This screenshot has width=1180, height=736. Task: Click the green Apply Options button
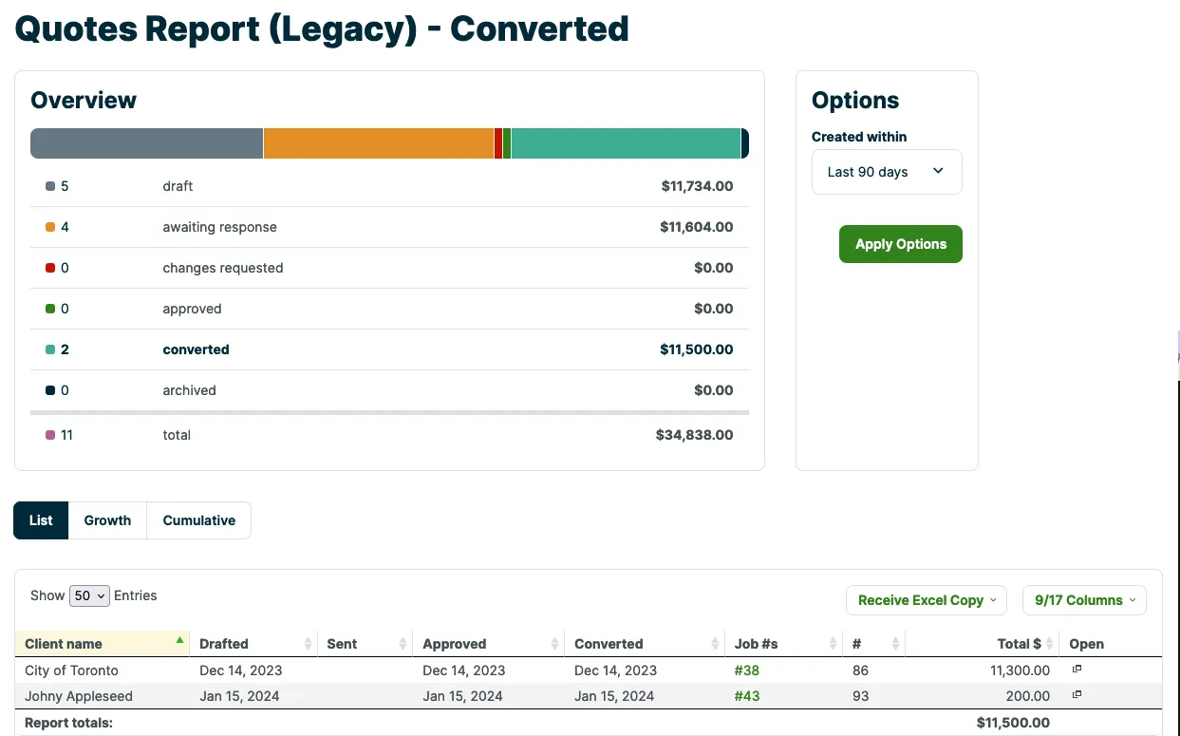[900, 244]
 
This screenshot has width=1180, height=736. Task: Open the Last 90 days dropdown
[887, 172]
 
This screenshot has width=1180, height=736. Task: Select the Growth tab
[107, 520]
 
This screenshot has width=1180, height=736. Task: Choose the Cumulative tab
[198, 520]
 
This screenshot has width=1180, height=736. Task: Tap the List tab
[41, 520]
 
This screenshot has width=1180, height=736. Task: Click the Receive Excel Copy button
[927, 600]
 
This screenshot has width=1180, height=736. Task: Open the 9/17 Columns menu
[1084, 600]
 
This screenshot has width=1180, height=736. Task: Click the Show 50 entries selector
[89, 595]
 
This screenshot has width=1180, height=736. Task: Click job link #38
[746, 670]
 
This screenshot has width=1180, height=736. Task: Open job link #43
[747, 696]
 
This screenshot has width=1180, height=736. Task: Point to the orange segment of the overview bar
[379, 143]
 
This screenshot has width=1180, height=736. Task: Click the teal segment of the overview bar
[626, 143]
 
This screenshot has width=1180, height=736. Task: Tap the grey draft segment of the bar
[146, 143]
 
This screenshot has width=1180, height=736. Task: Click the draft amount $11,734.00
[697, 186]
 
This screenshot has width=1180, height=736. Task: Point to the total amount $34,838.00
[694, 435]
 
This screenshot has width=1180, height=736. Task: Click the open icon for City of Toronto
[1077, 670]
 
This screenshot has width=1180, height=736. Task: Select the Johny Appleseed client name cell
[79, 696]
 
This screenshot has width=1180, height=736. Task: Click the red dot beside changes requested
[50, 268]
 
